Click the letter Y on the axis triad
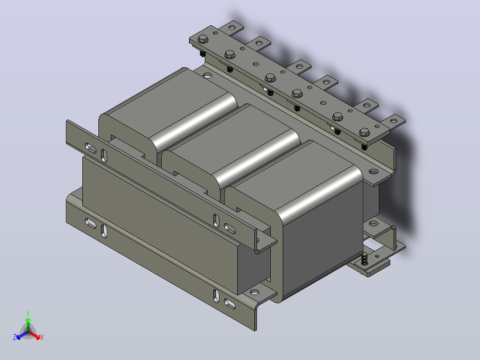28,313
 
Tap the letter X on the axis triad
42,337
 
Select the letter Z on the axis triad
15,337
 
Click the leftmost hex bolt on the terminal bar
203,39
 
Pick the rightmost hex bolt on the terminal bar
364,132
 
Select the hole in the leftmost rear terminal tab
232,28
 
